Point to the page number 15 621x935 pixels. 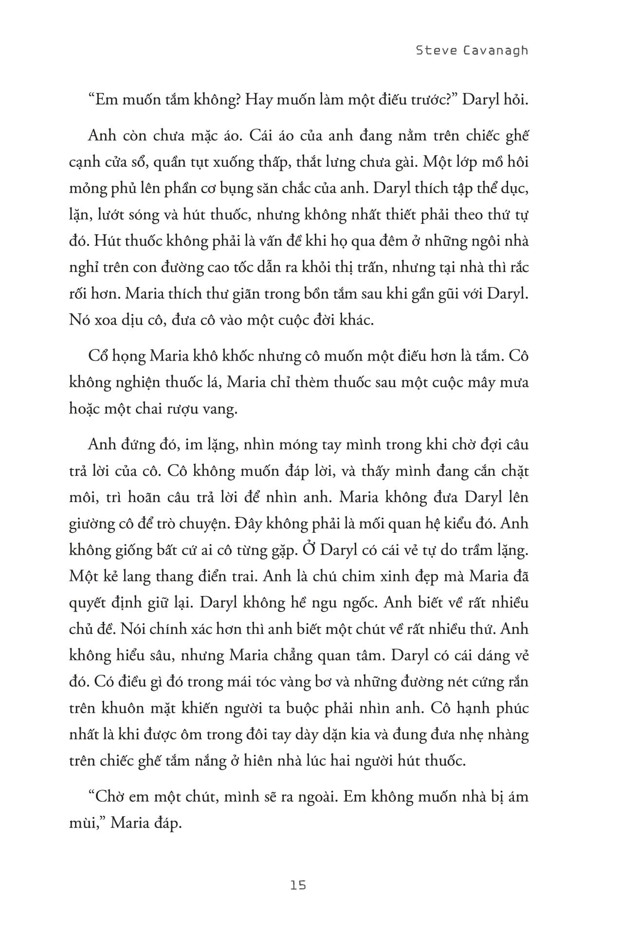click(297, 885)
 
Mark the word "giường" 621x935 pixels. click(92, 523)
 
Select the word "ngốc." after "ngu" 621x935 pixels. click(357, 602)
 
